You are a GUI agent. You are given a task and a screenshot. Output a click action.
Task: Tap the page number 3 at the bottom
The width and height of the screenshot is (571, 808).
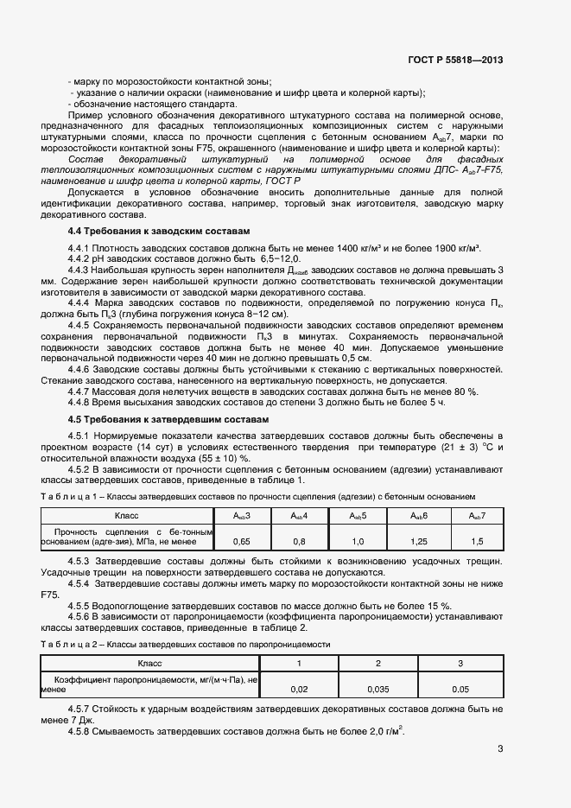tap(500, 749)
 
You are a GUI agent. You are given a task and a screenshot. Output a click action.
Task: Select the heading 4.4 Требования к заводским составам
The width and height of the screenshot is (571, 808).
tap(158, 232)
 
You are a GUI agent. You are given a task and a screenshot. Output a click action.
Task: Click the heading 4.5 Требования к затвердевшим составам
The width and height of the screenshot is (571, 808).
tap(168, 419)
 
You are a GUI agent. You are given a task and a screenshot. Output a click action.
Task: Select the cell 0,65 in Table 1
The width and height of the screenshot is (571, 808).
tap(243, 541)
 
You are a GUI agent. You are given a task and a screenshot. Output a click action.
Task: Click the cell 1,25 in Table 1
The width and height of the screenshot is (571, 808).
tap(419, 541)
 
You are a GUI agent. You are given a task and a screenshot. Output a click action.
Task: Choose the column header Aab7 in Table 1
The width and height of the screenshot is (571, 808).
tap(478, 516)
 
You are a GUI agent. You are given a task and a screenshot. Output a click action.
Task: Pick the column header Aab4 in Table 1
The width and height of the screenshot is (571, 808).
tap(301, 516)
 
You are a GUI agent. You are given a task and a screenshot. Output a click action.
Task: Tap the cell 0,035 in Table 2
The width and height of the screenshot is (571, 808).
tap(378, 689)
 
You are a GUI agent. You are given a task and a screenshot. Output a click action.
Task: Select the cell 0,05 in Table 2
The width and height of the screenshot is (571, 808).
tap(460, 689)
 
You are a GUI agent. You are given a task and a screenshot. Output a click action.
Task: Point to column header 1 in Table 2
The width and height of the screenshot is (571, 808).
tap(299, 663)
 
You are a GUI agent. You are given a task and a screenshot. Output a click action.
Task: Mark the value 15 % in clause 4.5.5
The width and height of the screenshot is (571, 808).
tap(438, 605)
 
